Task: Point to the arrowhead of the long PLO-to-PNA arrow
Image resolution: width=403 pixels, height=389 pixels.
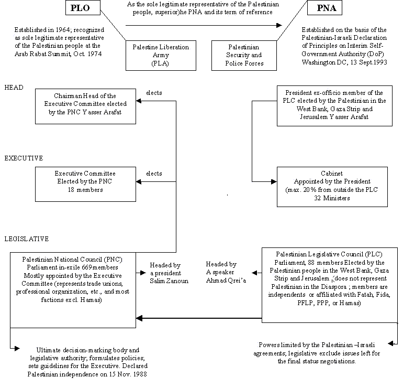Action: [x=279, y=25]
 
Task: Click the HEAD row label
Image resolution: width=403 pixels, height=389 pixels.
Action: [x=14, y=88]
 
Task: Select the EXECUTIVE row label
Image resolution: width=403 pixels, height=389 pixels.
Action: [x=24, y=158]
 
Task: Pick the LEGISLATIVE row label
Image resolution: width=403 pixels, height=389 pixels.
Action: [x=27, y=239]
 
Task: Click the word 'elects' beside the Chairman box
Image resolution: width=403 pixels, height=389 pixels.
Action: [x=154, y=93]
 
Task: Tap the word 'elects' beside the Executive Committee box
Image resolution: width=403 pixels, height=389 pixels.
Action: [x=154, y=174]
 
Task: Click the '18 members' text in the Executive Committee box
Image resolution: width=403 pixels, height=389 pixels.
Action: [x=85, y=190]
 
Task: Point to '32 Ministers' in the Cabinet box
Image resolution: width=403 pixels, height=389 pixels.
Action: [x=332, y=198]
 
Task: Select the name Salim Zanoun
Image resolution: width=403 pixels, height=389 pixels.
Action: [x=169, y=281]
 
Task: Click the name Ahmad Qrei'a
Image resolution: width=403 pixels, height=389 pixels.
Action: [x=226, y=280]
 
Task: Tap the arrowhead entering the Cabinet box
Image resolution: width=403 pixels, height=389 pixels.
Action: [x=274, y=182]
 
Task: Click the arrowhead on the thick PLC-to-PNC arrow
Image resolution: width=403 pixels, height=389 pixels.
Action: [x=139, y=318]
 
